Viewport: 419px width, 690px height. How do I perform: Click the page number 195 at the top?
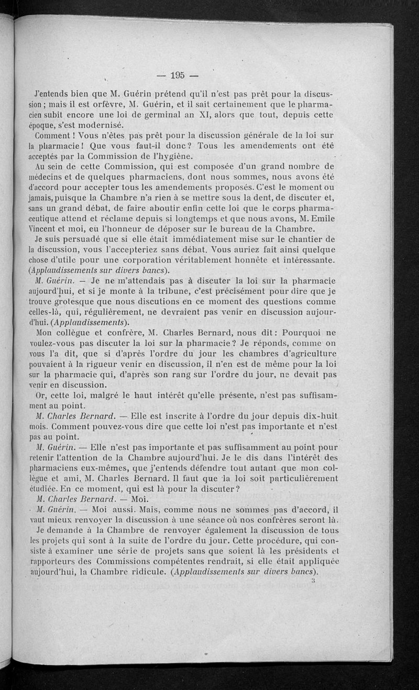[x=178, y=75]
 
